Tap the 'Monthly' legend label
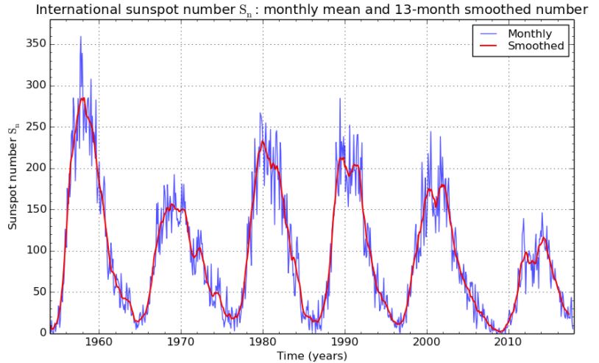click(525, 34)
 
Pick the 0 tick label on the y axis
click(42, 333)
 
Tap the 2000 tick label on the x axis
click(425, 343)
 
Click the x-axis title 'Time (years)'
click(312, 356)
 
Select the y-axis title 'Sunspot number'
click(13, 174)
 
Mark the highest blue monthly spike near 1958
click(81, 37)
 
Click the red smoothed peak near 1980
click(263, 141)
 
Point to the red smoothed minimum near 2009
click(500, 331)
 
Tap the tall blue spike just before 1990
click(340, 99)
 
